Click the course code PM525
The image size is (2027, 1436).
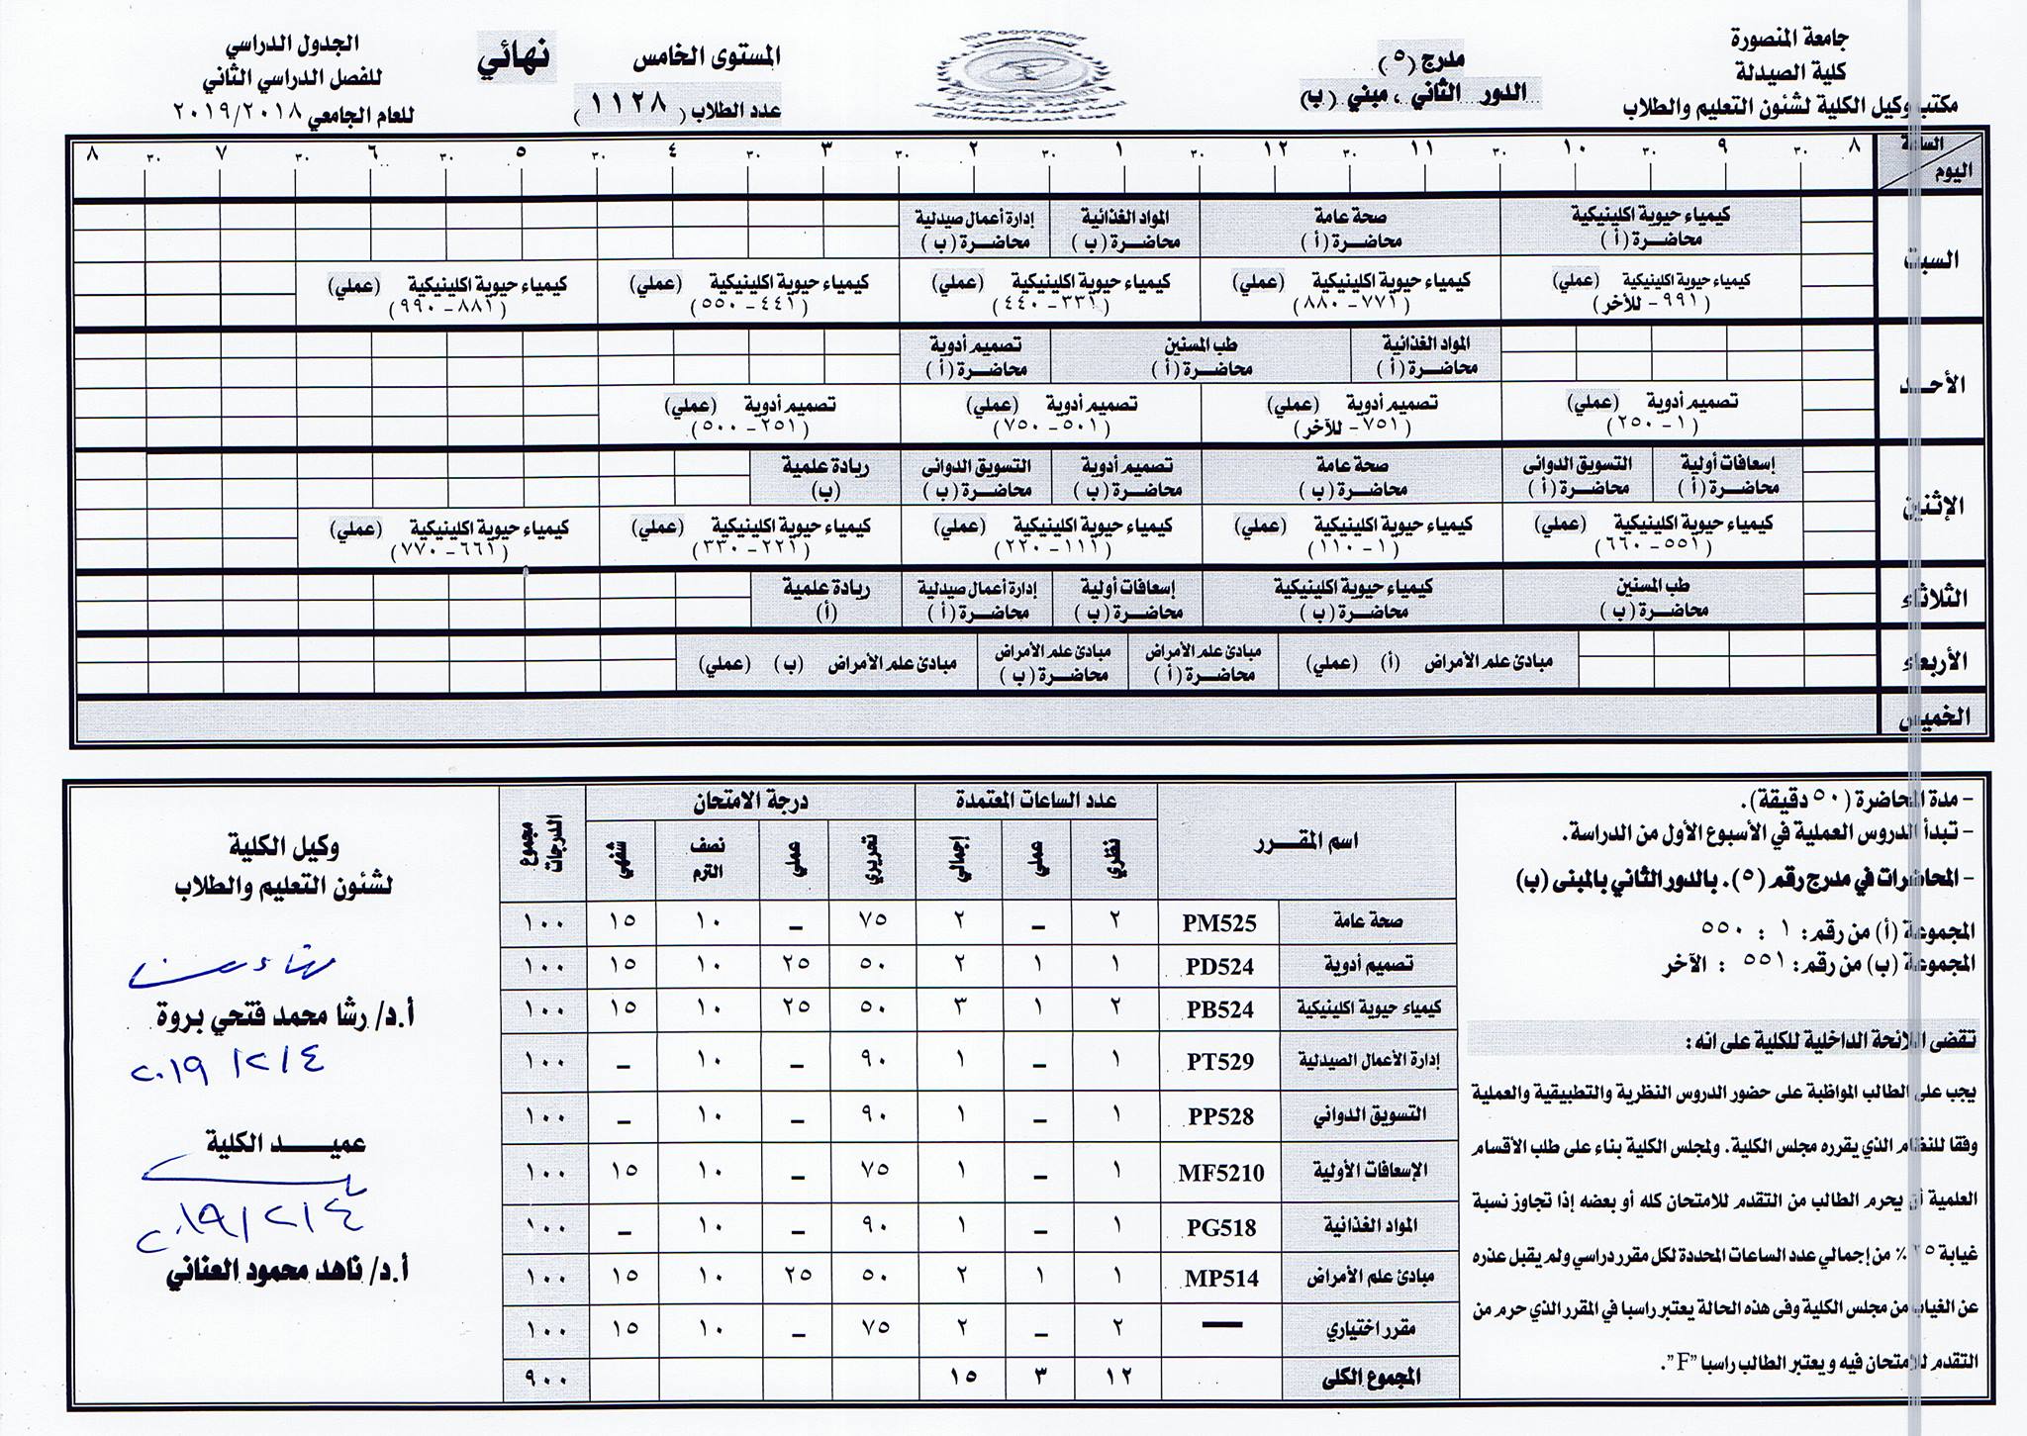pos(1219,923)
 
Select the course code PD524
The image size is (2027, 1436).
pos(1219,967)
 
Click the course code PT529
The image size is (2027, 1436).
pos(1220,1062)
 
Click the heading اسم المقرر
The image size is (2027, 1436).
pos(1306,842)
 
